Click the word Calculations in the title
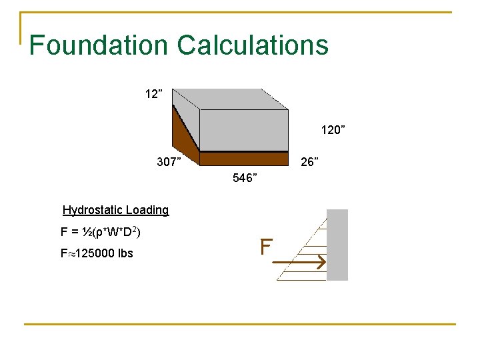(x=253, y=45)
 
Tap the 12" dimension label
(x=153, y=93)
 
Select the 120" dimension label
(x=333, y=130)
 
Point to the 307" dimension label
(x=169, y=161)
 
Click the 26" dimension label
(x=309, y=161)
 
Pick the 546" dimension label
(x=245, y=178)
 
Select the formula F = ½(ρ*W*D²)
(x=100, y=233)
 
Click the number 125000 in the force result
(x=94, y=253)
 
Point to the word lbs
(x=125, y=253)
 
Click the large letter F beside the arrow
(x=266, y=248)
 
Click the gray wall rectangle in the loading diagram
(x=337, y=245)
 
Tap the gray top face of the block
(x=230, y=99)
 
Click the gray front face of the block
(x=244, y=130)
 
